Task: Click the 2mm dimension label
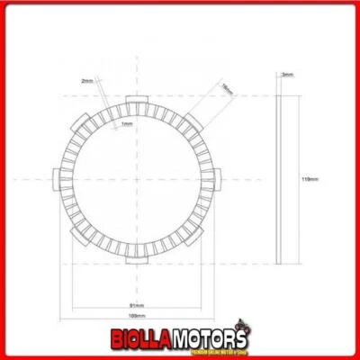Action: tap(86, 81)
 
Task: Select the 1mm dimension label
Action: tap(125, 123)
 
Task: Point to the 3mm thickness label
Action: tap(286, 76)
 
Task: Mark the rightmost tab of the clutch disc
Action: tap(216, 179)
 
